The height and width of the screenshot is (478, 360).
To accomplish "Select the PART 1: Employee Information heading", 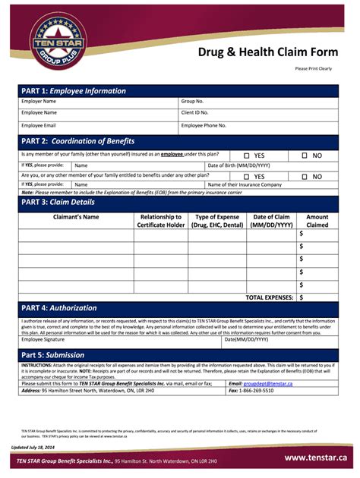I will point(74,91).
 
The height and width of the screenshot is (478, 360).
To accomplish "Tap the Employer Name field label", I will point(39,101).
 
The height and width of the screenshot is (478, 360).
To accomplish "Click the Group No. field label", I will point(192,101).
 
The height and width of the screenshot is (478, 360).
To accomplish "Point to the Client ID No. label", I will point(196,113).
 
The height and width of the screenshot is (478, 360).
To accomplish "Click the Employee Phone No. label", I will point(204,125).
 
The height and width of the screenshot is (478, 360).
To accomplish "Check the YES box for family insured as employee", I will point(247,155).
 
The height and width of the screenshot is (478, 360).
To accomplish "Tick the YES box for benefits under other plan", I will point(247,176).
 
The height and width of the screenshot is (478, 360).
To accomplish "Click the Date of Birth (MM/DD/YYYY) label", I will point(238,165).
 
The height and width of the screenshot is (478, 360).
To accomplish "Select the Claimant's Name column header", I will point(76,217).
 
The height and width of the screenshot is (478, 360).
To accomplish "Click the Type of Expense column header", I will point(217,221).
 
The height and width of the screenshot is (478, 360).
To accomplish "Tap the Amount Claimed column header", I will point(317,221).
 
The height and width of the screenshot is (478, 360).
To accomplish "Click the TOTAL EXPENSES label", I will point(270,298).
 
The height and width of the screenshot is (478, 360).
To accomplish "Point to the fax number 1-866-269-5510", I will point(257,391).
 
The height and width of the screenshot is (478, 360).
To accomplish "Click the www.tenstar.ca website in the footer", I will point(315,458).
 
